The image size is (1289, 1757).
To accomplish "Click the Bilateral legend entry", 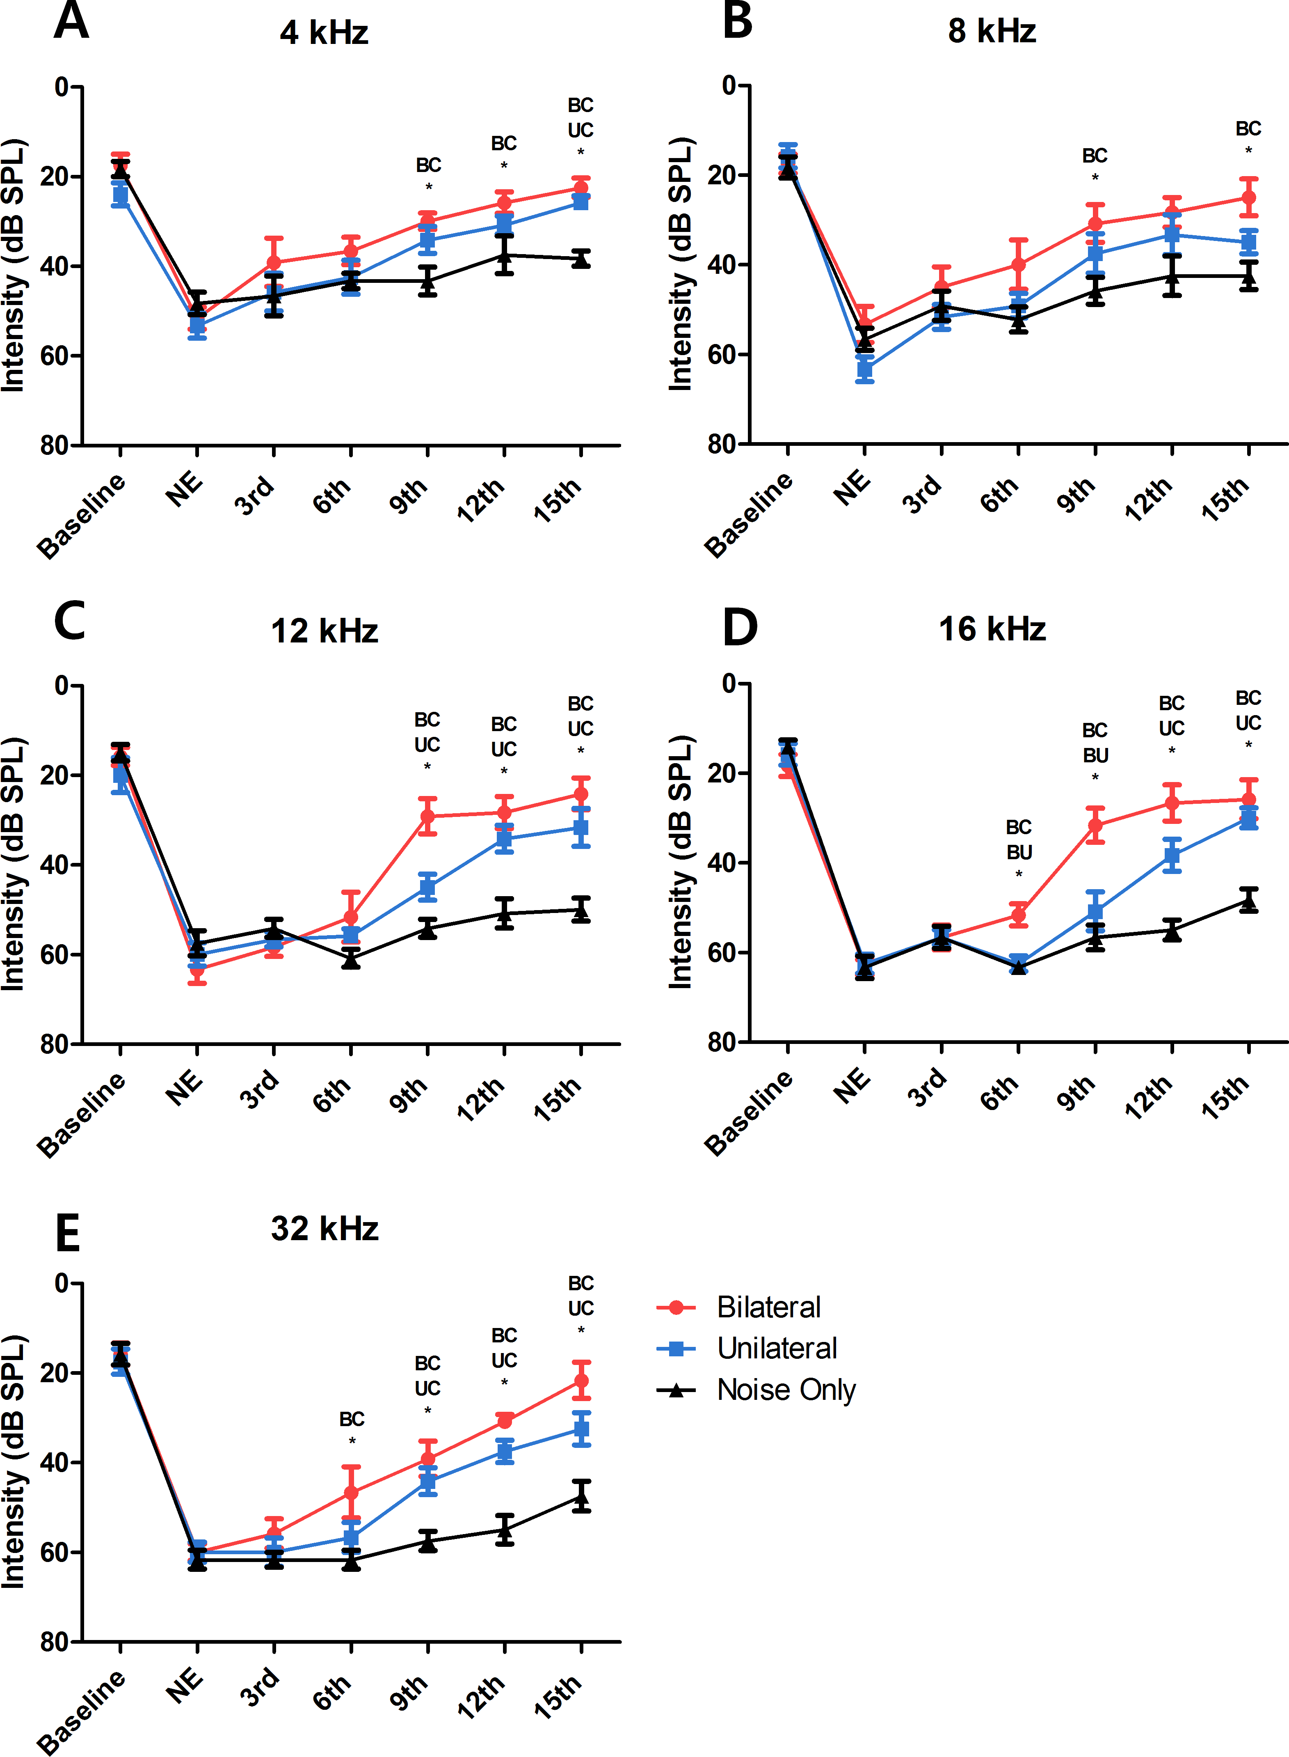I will pos(768,1307).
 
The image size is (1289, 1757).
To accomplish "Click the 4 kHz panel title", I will pos(324,33).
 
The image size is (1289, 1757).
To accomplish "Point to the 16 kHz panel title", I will pos(992,629).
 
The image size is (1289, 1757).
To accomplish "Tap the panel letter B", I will pos(737,21).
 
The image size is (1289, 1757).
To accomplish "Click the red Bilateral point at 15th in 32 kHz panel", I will pos(581,1381).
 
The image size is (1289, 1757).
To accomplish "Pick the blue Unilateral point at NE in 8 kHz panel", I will pos(864,368).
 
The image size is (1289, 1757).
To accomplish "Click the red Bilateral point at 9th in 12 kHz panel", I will pos(427,817).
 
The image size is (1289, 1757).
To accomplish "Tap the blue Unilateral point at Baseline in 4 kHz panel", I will pos(120,194).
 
